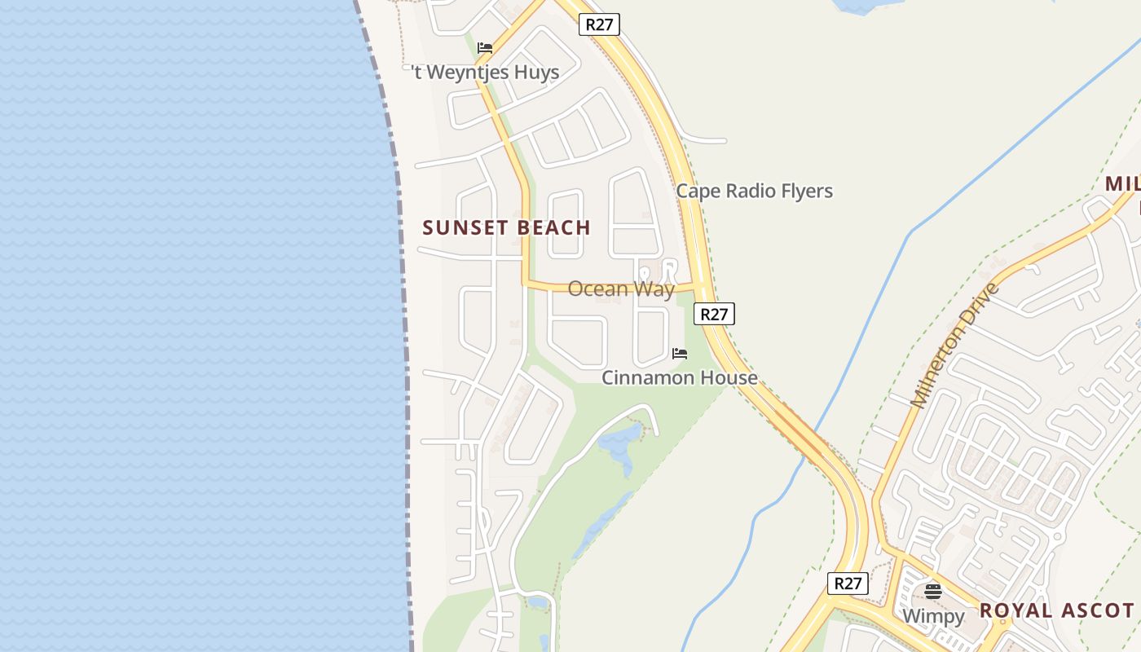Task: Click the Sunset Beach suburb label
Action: tap(506, 228)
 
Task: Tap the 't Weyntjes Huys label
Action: tap(486, 73)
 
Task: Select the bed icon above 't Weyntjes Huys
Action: tap(485, 48)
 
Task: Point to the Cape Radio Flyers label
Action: tap(754, 191)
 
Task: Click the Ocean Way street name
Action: tap(621, 289)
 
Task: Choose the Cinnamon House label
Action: tap(679, 377)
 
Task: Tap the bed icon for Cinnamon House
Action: tap(680, 354)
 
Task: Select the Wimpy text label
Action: tap(933, 615)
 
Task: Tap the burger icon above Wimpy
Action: tap(933, 592)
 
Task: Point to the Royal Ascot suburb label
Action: tap(1056, 610)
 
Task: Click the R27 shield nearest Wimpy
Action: tap(848, 584)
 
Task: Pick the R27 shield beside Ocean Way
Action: tap(714, 314)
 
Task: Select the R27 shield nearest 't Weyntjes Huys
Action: tap(599, 24)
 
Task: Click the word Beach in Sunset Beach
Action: tap(553, 228)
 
